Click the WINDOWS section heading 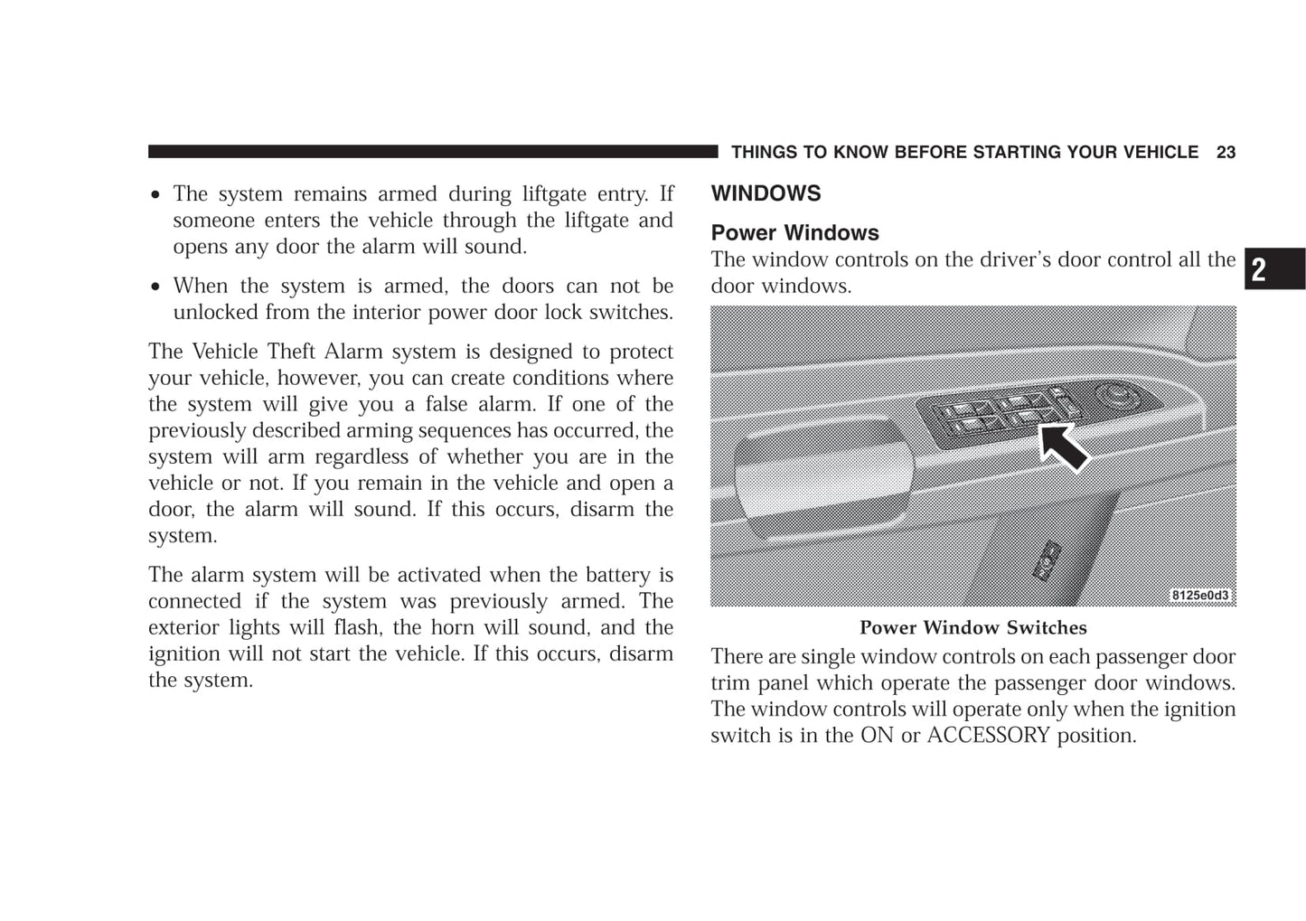(766, 193)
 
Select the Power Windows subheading (794, 233)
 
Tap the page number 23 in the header (1226, 153)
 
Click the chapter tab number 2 (1260, 269)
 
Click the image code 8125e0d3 (1200, 596)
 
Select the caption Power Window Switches (972, 628)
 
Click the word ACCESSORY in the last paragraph (988, 736)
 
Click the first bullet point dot (156, 195)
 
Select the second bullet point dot (156, 287)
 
